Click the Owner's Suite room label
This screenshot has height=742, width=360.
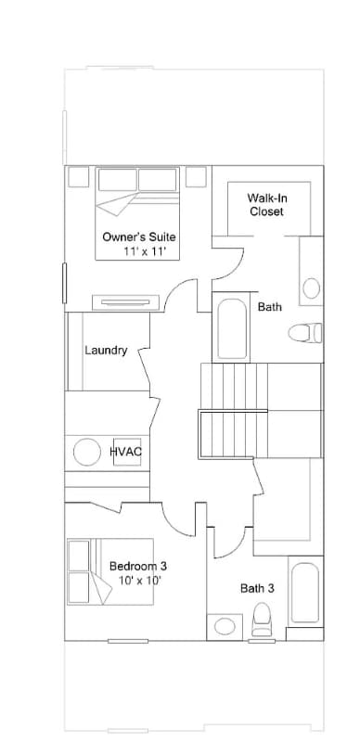pyautogui.click(x=138, y=237)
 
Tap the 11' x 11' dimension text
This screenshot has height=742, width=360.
pyautogui.click(x=144, y=251)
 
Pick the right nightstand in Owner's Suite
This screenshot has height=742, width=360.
pyautogui.click(x=196, y=176)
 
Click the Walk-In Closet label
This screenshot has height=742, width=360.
pyautogui.click(x=266, y=204)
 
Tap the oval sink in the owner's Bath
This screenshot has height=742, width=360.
pyautogui.click(x=312, y=288)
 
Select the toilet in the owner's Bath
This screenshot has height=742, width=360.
pyautogui.click(x=305, y=332)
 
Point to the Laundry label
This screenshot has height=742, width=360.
pyautogui.click(x=105, y=351)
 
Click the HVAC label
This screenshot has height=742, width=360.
pyautogui.click(x=125, y=452)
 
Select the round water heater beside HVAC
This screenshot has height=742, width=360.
pyautogui.click(x=87, y=452)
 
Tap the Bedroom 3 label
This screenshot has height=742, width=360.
pyautogui.click(x=138, y=566)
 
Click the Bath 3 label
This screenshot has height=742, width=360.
pyautogui.click(x=257, y=587)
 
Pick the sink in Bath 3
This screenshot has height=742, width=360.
pyautogui.click(x=225, y=625)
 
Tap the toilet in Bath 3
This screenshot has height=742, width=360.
pyautogui.click(x=261, y=620)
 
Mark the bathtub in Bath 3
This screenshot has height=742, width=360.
pyautogui.click(x=304, y=594)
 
